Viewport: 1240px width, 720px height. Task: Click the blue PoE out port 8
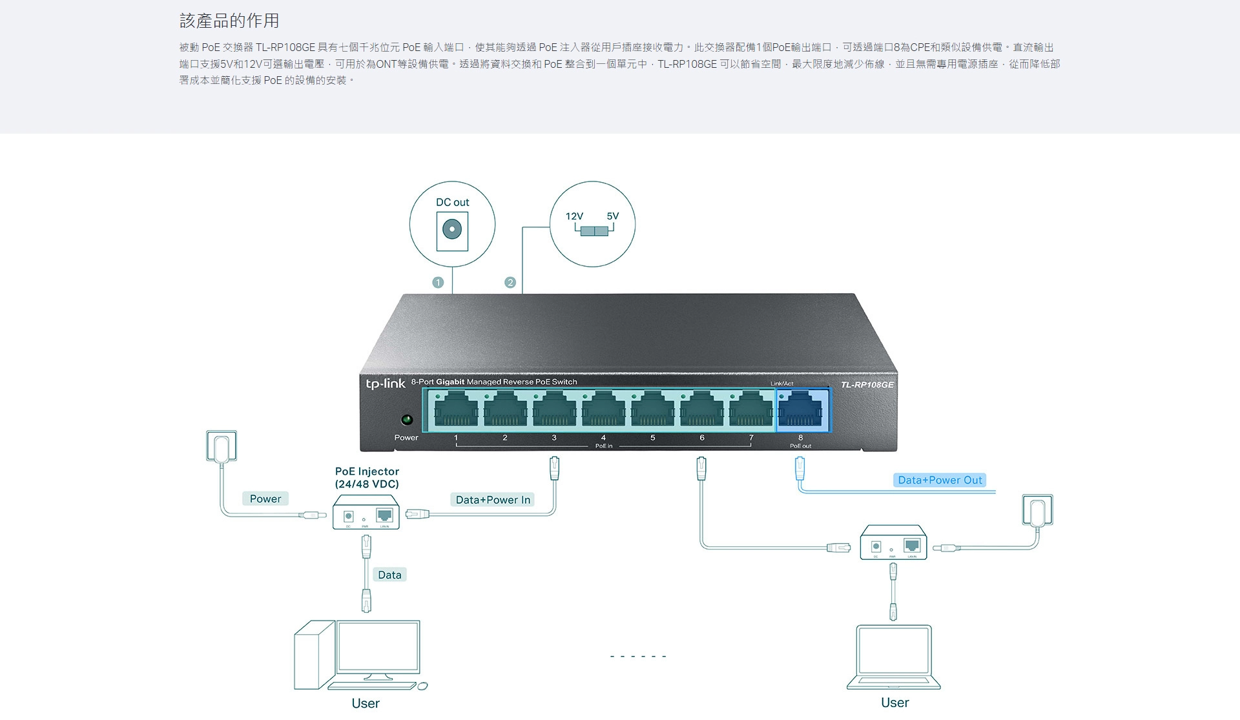click(803, 410)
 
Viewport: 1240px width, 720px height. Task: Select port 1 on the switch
click(456, 410)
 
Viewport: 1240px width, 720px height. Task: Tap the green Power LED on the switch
click(407, 420)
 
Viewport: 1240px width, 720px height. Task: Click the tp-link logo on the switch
click(386, 384)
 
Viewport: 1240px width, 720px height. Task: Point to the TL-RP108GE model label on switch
click(867, 385)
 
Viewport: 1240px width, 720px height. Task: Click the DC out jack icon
click(452, 229)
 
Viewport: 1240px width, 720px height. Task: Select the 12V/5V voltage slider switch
click(594, 231)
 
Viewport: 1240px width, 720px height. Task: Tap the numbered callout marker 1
click(438, 282)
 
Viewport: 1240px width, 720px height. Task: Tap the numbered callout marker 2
click(510, 282)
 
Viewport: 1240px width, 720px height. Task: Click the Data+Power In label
click(493, 500)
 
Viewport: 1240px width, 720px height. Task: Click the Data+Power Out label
click(940, 480)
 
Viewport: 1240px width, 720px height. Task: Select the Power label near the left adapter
click(265, 499)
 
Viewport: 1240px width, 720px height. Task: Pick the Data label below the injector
click(389, 575)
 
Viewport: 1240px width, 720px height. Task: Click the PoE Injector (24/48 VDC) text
click(367, 478)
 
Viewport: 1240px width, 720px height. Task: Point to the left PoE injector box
click(366, 512)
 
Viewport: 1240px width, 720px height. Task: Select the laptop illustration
click(894, 657)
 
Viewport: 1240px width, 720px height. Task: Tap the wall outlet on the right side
click(1038, 510)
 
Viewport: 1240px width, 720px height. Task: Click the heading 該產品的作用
click(229, 21)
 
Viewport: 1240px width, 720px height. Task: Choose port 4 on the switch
click(603, 410)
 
